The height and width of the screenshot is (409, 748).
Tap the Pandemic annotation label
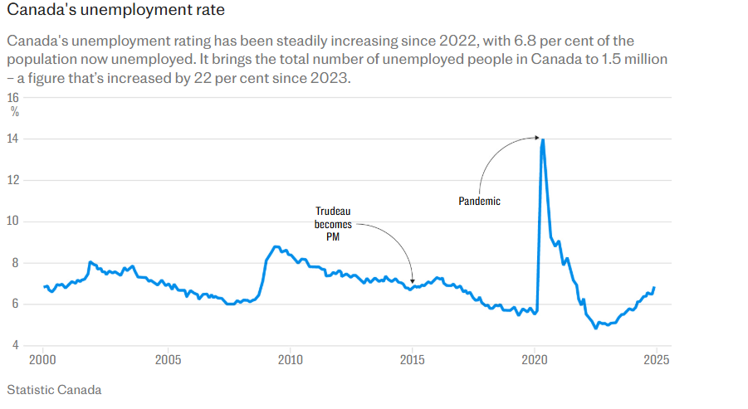click(480, 202)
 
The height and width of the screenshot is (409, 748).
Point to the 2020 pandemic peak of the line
click(543, 139)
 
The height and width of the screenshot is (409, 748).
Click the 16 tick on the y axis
click(13, 98)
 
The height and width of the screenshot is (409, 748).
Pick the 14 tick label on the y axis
click(13, 139)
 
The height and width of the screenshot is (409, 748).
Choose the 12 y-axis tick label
click(13, 181)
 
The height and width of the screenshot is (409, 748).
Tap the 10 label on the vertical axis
click(13, 222)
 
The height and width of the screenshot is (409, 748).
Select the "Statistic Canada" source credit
click(53, 389)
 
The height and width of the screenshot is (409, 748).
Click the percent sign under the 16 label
click(15, 112)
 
